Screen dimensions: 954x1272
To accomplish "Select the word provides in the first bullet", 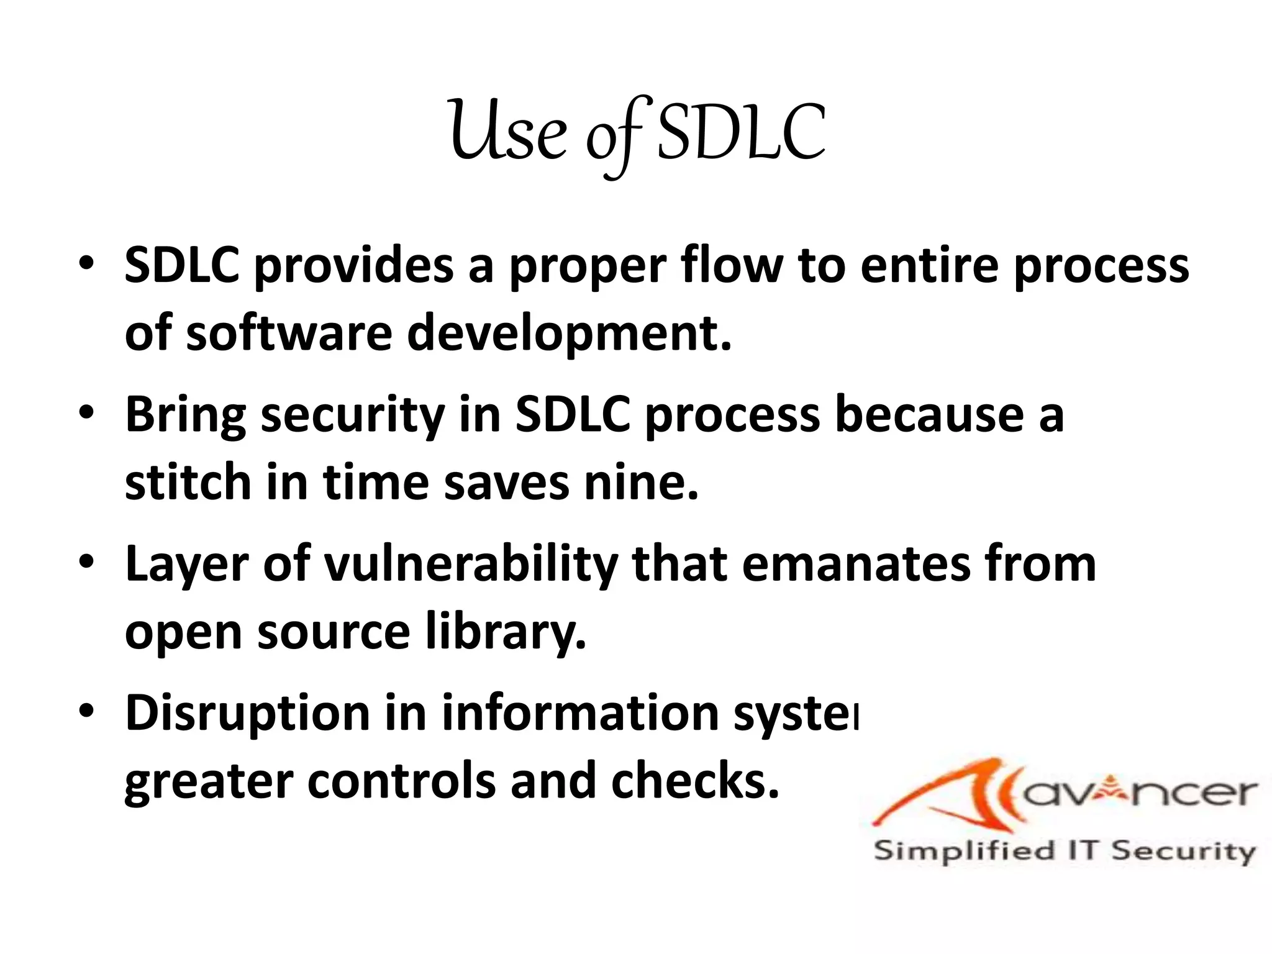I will pyautogui.click(x=353, y=266).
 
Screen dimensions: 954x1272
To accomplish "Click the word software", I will pyautogui.click(x=289, y=333).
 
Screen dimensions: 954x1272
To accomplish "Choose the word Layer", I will pyautogui.click(x=187, y=566).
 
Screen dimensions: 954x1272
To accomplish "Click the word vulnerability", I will pyautogui.click(x=471, y=566).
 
